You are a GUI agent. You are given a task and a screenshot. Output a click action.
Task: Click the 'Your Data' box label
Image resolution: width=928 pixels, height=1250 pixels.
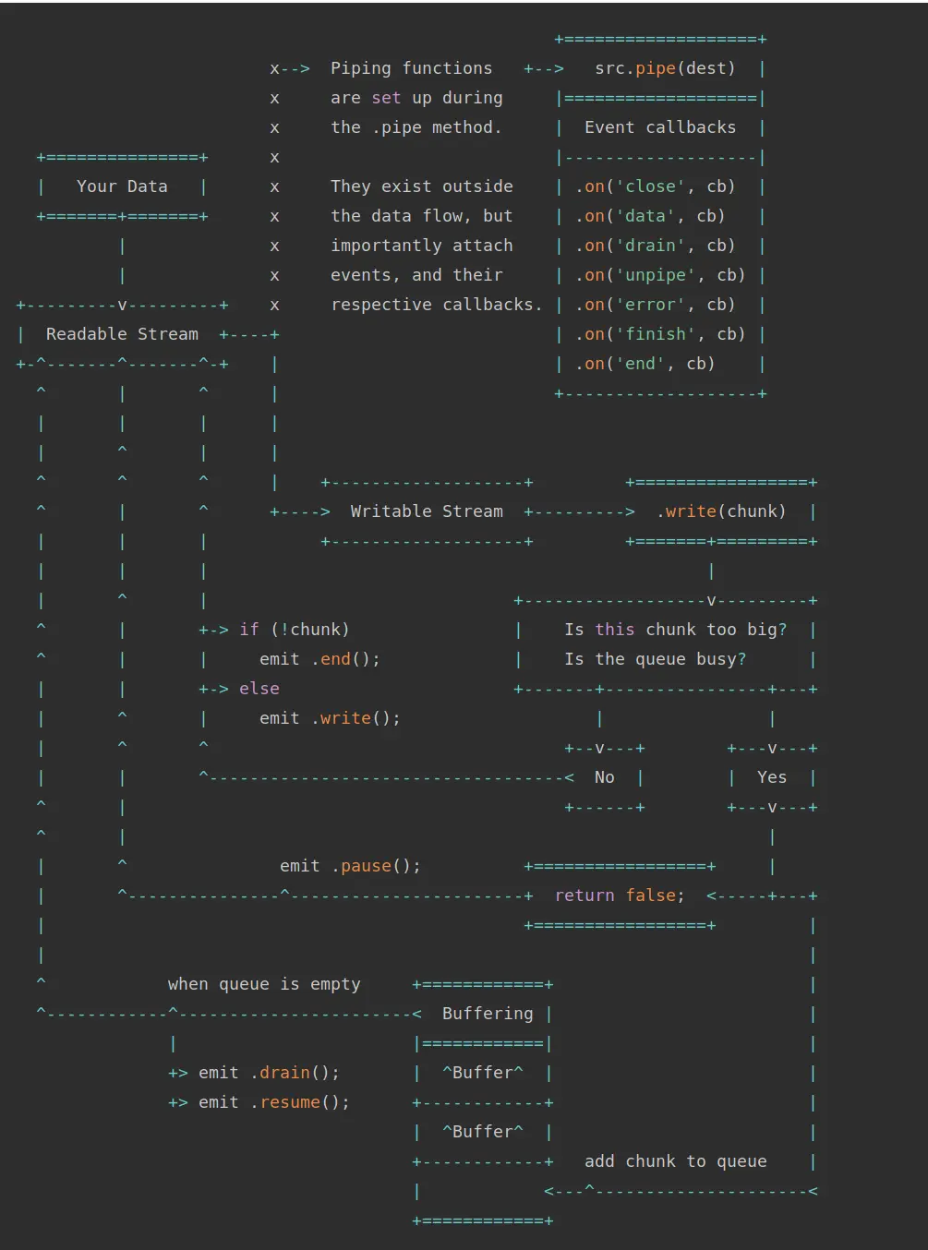(122, 186)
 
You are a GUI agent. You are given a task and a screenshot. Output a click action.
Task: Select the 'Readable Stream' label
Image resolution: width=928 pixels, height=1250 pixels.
(122, 334)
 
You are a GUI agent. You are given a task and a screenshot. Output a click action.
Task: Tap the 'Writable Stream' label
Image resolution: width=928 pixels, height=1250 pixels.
(427, 511)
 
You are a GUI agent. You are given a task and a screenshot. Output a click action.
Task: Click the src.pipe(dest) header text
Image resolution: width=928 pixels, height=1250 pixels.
(665, 68)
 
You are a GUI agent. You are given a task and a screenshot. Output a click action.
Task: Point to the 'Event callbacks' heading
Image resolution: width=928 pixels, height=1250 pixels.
(660, 127)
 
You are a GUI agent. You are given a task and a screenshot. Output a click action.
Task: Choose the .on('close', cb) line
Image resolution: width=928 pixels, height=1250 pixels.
(656, 186)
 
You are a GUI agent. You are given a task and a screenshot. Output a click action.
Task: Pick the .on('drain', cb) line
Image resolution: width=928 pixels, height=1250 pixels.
(656, 246)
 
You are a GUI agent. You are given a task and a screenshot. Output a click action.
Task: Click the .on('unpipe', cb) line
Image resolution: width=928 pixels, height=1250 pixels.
(660, 275)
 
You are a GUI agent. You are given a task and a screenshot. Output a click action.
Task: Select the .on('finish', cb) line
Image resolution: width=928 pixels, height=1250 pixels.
(660, 334)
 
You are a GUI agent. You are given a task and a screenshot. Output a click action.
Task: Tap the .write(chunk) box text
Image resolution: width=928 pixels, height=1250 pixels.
(721, 511)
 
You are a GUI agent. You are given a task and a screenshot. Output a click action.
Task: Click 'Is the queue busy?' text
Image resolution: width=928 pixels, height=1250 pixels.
(656, 659)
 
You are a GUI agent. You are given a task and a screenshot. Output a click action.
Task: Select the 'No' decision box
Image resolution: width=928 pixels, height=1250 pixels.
(605, 777)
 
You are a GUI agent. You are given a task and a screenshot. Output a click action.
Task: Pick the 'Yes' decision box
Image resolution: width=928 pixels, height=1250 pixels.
(772, 777)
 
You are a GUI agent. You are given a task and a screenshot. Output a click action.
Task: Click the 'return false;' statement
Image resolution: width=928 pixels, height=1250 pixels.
(620, 895)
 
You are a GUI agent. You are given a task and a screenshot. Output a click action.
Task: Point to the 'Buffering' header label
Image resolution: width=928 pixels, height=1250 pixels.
(488, 1014)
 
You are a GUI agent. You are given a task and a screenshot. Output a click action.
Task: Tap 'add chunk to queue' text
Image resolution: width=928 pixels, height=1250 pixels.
(675, 1161)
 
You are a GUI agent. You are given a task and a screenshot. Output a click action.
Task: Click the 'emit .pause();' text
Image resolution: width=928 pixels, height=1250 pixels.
(350, 866)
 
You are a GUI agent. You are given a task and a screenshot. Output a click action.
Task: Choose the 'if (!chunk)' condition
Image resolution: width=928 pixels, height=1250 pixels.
(295, 630)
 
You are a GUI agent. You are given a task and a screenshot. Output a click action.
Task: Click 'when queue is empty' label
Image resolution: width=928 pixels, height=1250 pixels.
(264, 984)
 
